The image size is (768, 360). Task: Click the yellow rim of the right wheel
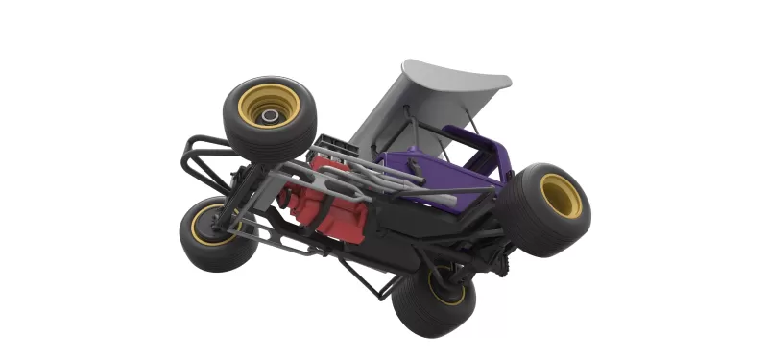click(x=561, y=196)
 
